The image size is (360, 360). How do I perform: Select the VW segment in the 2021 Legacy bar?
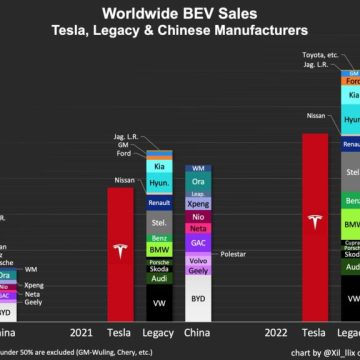(x=159, y=302)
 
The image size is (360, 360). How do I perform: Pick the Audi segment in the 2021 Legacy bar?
(x=159, y=279)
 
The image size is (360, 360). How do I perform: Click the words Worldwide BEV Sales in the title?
(x=180, y=10)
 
